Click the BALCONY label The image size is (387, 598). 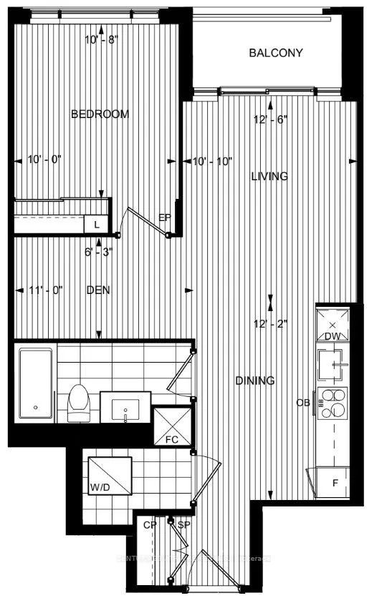click(276, 53)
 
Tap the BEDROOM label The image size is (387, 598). click(100, 114)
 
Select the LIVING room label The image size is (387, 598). click(269, 177)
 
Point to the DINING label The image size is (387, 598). click(255, 381)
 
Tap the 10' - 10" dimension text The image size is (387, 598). click(212, 162)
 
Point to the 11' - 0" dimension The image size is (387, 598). click(47, 290)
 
